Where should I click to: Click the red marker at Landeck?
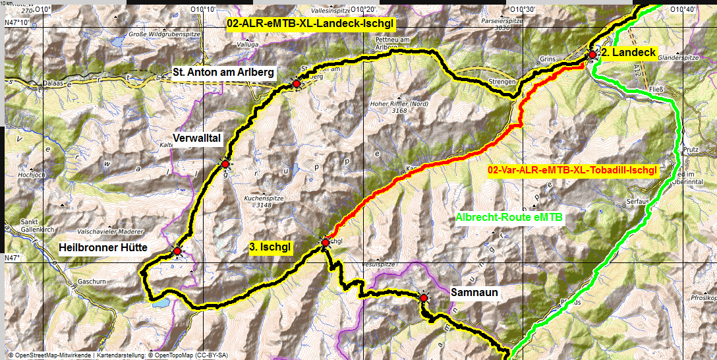pyautogui.click(x=592, y=55)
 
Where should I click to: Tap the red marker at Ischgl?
pyautogui.click(x=325, y=243)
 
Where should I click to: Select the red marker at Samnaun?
pyautogui.click(x=423, y=298)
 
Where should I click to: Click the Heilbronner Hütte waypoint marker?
pyautogui.click(x=177, y=251)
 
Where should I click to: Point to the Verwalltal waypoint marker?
pyautogui.click(x=225, y=164)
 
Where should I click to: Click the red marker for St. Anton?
pyautogui.click(x=297, y=84)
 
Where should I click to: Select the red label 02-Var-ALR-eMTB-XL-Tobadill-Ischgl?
pyautogui.click(x=572, y=170)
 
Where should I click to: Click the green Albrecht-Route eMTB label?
pyautogui.click(x=511, y=216)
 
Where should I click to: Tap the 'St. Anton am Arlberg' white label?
pyautogui.click(x=223, y=72)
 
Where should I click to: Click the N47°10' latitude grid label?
pyautogui.click(x=16, y=22)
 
